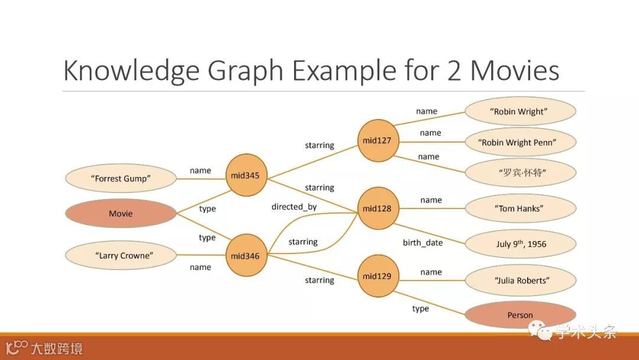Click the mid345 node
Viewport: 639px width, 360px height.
247,175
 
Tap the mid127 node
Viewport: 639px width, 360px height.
378,141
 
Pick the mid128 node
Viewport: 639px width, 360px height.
377,208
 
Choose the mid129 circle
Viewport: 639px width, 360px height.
377,276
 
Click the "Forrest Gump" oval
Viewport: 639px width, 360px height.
121,178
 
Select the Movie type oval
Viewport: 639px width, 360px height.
121,213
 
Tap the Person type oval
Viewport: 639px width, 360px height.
520,315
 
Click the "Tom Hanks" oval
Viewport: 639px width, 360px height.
520,208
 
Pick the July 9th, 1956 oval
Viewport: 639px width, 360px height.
520,244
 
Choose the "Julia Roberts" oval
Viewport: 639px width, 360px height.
520,280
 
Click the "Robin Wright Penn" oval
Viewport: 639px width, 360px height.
520,142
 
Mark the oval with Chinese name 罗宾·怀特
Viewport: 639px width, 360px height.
520,173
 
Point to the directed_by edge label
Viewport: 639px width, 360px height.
294,207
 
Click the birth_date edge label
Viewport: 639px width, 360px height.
422,243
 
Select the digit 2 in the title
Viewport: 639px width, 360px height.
450,70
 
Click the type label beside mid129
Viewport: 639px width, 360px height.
421,308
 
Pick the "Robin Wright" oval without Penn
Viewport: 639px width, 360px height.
520,111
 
